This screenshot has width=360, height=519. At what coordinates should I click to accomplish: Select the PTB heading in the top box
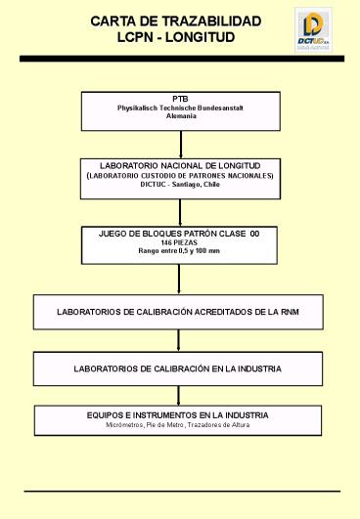click(180, 99)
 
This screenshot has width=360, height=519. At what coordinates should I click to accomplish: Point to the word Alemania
click(180, 116)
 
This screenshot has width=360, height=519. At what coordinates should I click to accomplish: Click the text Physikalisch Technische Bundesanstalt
click(180, 108)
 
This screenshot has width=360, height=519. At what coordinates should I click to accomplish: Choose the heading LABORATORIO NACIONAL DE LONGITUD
click(180, 166)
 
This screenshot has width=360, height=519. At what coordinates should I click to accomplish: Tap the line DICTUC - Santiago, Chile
click(180, 185)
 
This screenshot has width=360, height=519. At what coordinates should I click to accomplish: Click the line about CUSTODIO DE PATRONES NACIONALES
click(180, 176)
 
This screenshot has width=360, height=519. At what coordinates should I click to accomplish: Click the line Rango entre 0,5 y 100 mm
click(180, 252)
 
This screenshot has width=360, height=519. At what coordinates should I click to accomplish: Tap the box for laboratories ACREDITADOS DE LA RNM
click(180, 312)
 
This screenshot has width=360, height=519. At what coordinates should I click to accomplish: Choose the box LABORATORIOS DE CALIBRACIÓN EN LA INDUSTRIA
click(180, 369)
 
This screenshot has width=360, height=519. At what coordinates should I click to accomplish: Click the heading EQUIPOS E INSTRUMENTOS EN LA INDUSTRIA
click(180, 415)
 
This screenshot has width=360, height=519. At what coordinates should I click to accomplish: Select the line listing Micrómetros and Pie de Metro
click(180, 425)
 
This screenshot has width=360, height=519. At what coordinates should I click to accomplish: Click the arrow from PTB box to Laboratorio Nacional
click(180, 144)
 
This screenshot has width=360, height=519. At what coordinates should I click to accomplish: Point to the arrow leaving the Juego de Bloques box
click(180, 280)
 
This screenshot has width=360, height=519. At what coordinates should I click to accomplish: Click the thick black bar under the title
click(180, 60)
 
